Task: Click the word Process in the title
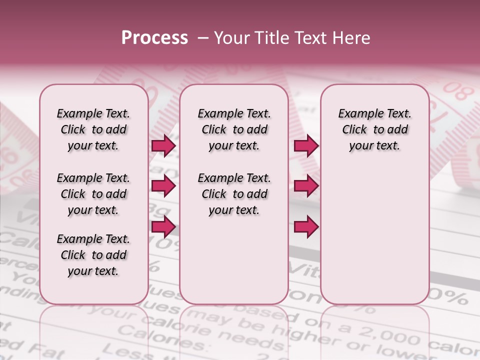tap(154, 38)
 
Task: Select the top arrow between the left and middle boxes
tap(163, 145)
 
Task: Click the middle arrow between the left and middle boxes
tap(163, 186)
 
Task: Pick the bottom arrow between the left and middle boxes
tap(163, 227)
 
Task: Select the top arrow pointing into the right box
tap(306, 145)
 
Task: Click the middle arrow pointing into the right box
tap(306, 186)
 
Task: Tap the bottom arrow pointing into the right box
tap(306, 227)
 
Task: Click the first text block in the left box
tap(93, 129)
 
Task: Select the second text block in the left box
tap(93, 194)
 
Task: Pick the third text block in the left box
tap(93, 255)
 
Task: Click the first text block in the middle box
tap(234, 129)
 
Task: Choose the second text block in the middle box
tap(234, 194)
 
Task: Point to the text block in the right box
tap(374, 129)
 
